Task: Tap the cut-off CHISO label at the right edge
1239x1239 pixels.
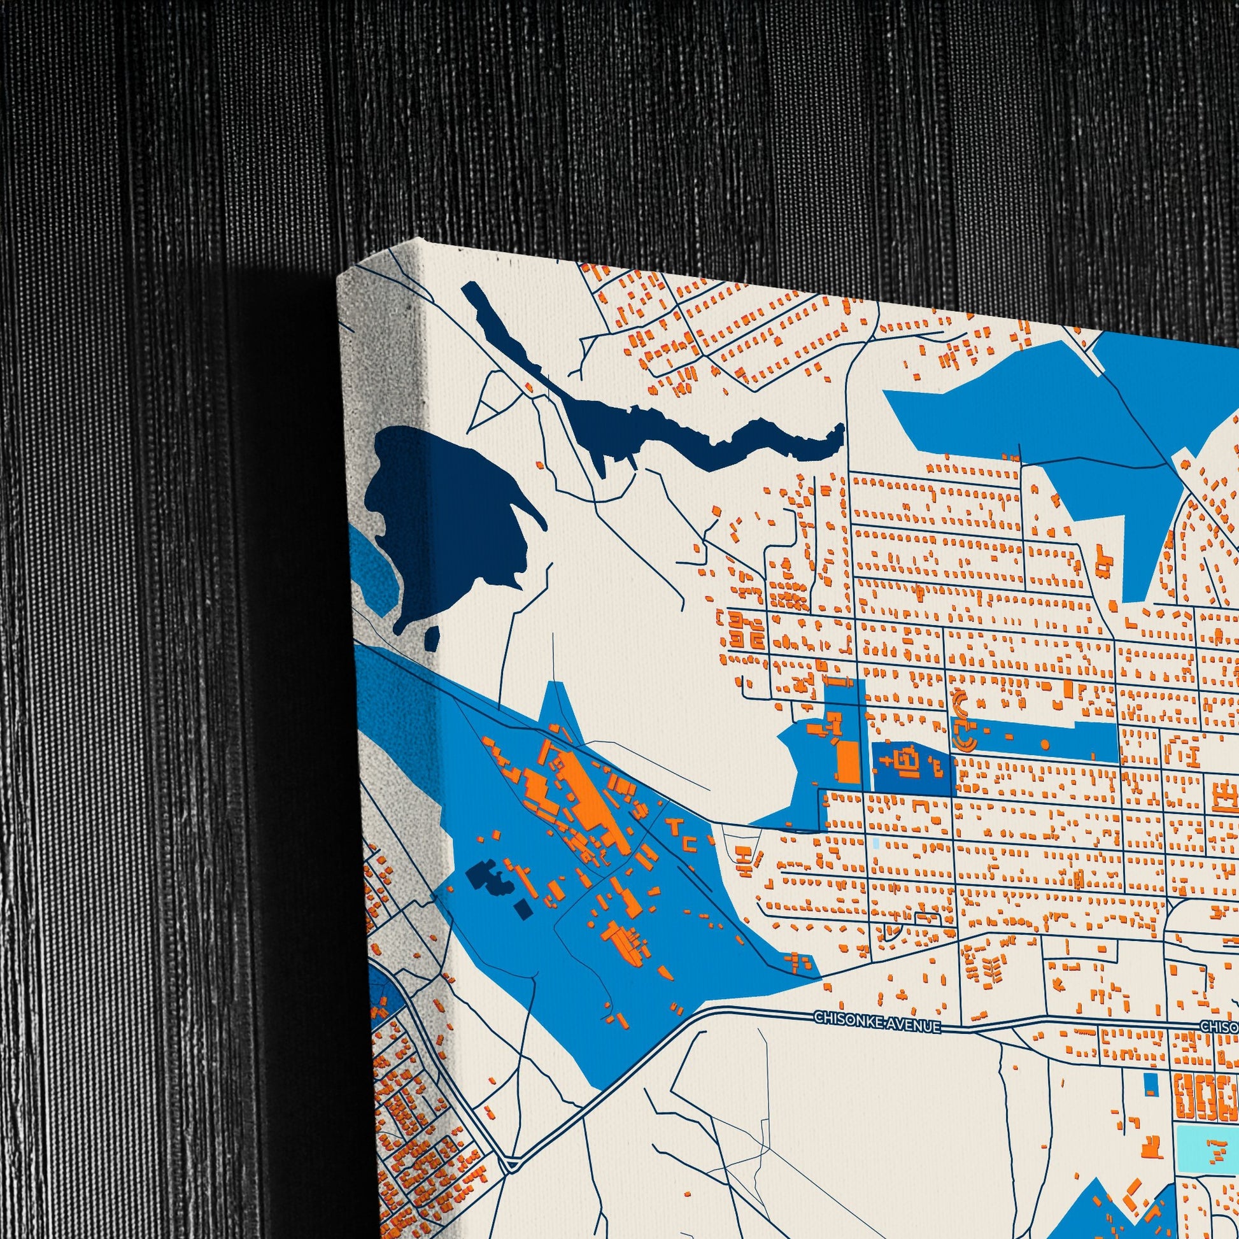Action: point(1219,1026)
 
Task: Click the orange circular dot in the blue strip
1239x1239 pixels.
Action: point(1045,744)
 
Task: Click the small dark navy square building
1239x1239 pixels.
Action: point(523,909)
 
